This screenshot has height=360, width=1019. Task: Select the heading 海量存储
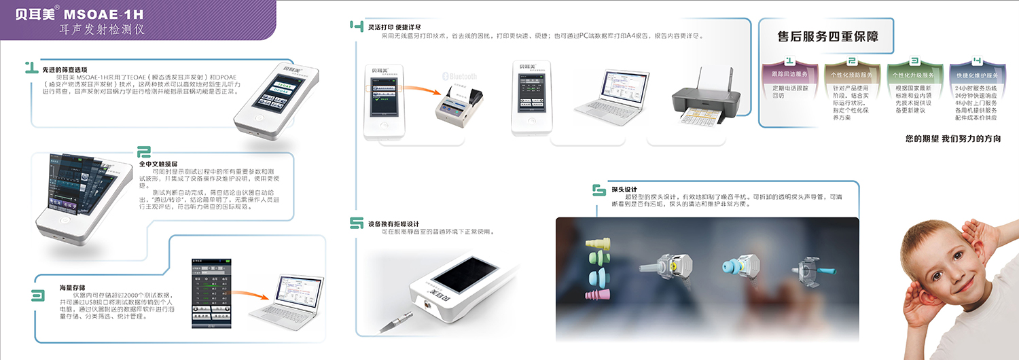point(72,287)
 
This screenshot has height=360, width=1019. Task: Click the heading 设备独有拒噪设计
point(393,223)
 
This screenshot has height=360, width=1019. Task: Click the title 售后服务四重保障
point(827,37)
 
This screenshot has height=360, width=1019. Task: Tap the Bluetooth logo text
point(460,76)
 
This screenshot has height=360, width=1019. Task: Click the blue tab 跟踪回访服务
point(786,74)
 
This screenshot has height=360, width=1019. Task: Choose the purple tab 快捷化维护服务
point(977,75)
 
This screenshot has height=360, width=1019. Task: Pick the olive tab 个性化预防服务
point(850,75)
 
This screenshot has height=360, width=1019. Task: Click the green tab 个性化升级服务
point(913,75)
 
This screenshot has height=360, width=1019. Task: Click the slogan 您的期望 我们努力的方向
point(954,139)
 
